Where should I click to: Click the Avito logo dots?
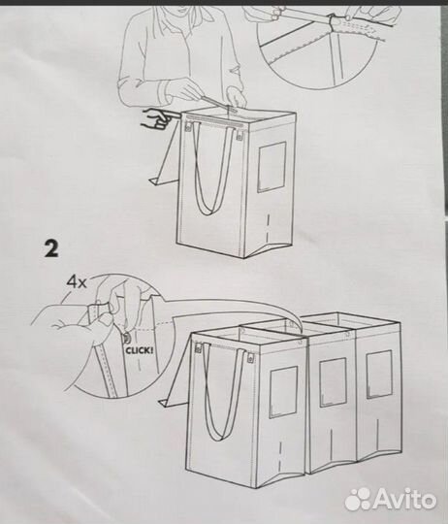click(358, 498)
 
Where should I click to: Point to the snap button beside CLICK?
click(127, 339)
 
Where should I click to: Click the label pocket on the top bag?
click(272, 165)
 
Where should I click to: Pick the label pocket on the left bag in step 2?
click(282, 391)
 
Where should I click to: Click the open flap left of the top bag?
click(167, 160)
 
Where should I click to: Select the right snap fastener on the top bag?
click(239, 137)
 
